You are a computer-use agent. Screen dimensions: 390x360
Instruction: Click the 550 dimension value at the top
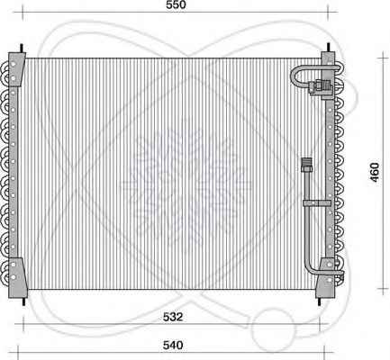coord(176,4)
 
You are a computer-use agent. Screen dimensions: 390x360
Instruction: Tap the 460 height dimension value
coord(375,173)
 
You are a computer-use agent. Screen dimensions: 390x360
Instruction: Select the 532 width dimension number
coord(173,317)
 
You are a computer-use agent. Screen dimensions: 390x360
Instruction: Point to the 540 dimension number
coord(173,346)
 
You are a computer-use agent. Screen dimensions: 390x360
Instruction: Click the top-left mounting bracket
coord(16,69)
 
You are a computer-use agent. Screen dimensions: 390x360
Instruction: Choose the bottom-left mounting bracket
coord(17,277)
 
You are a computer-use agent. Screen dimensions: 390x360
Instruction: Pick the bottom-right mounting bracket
coord(326,278)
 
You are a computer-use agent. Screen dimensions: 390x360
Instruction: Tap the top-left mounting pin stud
coord(22,49)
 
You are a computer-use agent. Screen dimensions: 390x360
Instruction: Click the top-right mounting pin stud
coord(328,48)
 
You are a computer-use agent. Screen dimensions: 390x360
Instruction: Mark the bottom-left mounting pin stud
coord(23,301)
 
